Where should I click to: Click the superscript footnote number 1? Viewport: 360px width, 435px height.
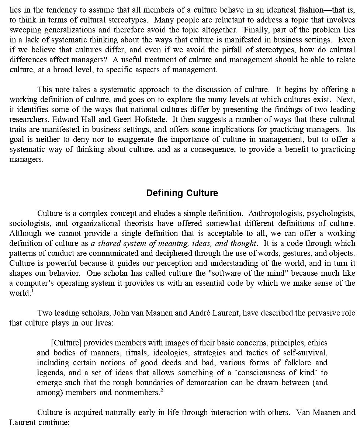[x=32, y=291]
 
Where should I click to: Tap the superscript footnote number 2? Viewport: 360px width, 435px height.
[x=162, y=390]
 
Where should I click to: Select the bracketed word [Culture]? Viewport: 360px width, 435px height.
[x=66, y=343]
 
